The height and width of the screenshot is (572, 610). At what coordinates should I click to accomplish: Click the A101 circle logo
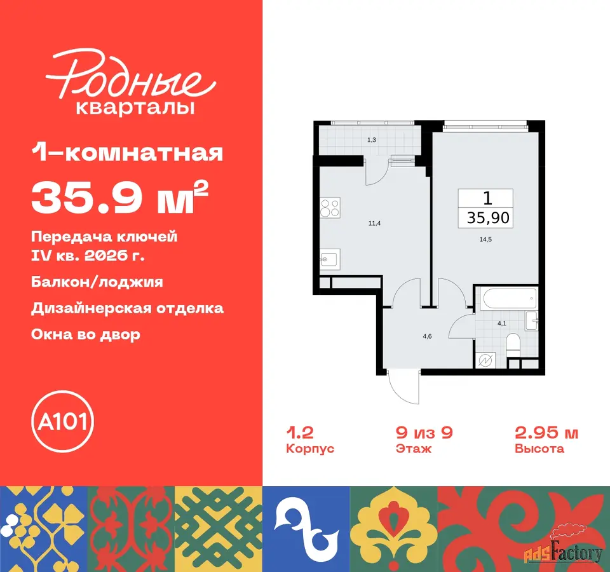(62, 421)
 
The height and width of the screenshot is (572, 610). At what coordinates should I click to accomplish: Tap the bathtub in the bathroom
(509, 299)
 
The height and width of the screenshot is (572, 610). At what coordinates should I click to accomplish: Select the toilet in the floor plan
(513, 344)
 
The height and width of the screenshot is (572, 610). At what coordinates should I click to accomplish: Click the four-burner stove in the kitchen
(330, 207)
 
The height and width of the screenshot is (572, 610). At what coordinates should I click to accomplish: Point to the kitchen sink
(330, 259)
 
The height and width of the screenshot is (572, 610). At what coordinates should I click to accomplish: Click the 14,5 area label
(485, 240)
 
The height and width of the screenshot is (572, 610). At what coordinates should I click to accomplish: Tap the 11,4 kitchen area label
(374, 223)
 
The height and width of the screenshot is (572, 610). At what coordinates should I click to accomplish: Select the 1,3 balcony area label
(372, 140)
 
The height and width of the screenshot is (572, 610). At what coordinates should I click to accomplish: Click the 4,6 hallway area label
(427, 336)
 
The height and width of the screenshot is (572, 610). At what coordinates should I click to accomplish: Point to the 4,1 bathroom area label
(502, 323)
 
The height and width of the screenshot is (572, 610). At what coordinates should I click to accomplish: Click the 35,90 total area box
(485, 208)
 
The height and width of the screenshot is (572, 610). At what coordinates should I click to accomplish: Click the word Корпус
(310, 449)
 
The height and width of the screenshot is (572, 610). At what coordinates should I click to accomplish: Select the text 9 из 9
(424, 432)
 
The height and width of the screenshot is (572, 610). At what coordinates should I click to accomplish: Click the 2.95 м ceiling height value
(546, 432)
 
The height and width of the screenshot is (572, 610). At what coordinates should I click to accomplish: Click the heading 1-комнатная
(127, 153)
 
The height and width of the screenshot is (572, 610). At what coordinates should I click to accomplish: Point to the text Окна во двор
(86, 334)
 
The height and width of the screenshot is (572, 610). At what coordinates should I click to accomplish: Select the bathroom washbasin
(531, 320)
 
